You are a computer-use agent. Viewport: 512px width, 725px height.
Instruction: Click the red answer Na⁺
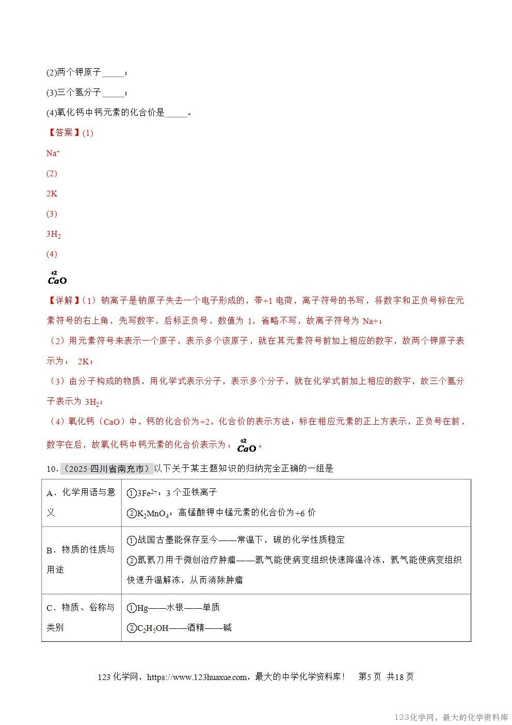click(53, 153)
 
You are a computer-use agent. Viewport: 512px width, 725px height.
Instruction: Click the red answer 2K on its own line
click(52, 193)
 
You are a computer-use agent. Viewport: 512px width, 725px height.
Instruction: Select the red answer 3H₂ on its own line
click(54, 234)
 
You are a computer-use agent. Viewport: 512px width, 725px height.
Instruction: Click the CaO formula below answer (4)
click(57, 280)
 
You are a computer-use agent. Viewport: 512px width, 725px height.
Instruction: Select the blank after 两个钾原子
click(114, 73)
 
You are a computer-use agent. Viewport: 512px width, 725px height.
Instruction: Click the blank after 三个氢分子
click(114, 94)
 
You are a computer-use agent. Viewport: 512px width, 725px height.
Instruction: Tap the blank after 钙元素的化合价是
click(177, 114)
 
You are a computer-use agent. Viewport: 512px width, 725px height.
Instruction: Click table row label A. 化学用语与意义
click(81, 502)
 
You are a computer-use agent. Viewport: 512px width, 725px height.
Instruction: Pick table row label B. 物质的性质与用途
click(81, 559)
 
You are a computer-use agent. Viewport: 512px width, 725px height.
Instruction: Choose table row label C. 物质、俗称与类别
click(81, 617)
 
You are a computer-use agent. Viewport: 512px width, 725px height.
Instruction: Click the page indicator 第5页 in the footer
click(370, 677)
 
